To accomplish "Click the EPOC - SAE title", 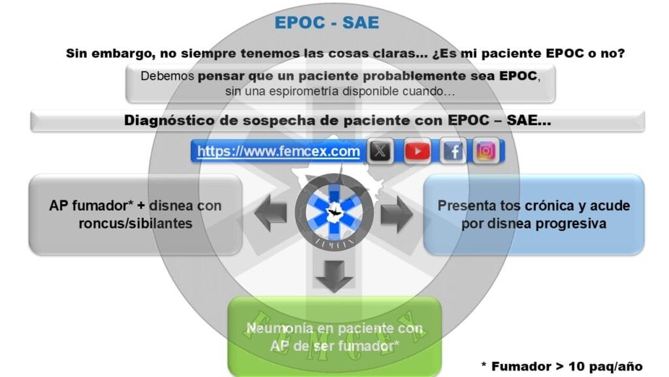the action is click(x=327, y=23).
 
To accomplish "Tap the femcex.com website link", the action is click(x=278, y=151).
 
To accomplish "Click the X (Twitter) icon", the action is click(x=380, y=151).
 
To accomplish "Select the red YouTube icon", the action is click(x=417, y=151).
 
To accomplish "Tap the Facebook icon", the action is click(x=453, y=151).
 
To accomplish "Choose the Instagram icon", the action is click(x=485, y=151).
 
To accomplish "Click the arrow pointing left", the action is click(x=270, y=213).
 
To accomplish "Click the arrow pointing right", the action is click(x=397, y=214).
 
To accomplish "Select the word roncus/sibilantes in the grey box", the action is click(x=135, y=224).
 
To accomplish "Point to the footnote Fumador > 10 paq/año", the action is click(x=562, y=367).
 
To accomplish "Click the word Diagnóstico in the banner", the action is click(x=169, y=120).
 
